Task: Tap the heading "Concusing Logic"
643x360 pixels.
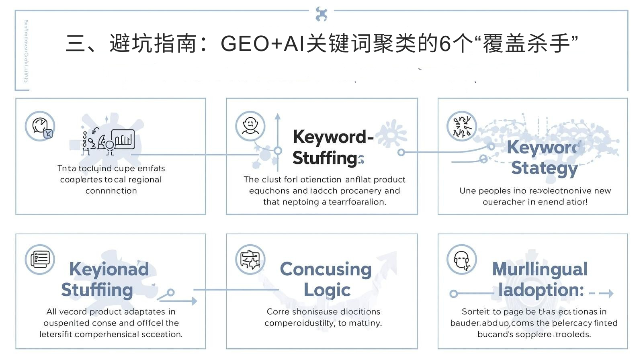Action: (326, 279)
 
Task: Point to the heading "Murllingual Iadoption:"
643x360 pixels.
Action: (540, 279)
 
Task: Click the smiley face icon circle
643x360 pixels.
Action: (250, 126)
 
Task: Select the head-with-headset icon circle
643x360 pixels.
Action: (462, 259)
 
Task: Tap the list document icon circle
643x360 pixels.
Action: (40, 259)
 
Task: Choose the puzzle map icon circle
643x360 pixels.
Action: (250, 259)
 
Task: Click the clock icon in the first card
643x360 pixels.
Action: (40, 126)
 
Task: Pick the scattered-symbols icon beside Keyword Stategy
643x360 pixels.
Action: (462, 126)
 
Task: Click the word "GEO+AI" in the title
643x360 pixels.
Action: (262, 43)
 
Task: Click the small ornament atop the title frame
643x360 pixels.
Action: (321, 14)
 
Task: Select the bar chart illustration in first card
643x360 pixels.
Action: (123, 139)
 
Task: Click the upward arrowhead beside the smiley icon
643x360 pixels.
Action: (278, 117)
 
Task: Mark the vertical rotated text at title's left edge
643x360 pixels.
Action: (26, 51)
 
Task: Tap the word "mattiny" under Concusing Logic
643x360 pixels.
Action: (365, 323)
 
